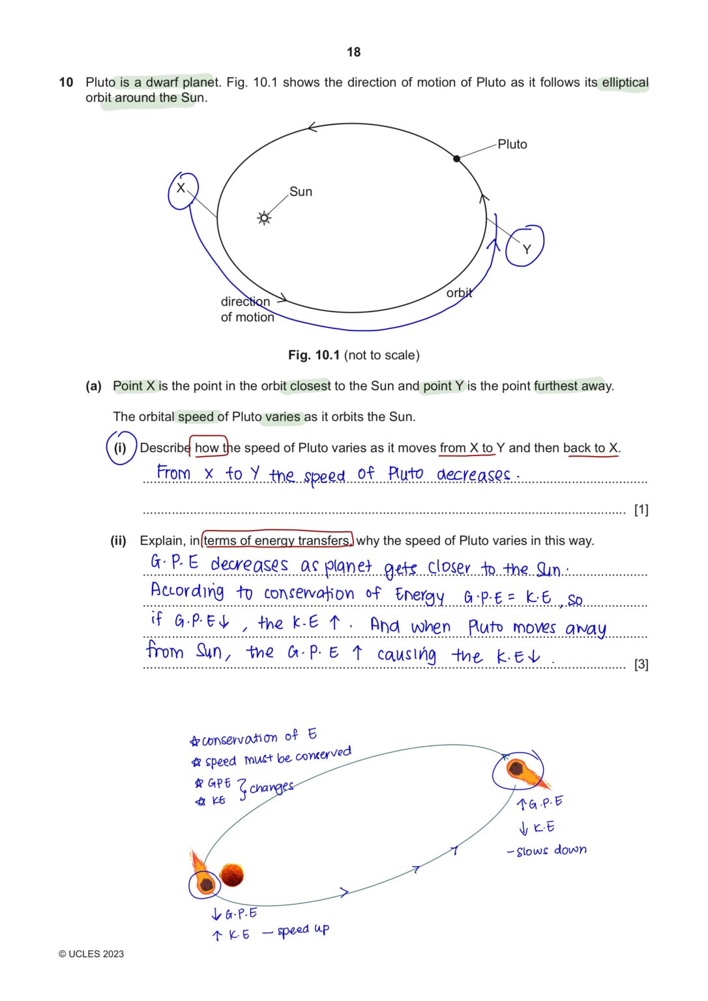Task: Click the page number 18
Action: click(353, 52)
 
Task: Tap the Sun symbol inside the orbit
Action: click(264, 218)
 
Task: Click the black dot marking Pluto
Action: click(456, 158)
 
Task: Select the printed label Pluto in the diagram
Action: click(512, 145)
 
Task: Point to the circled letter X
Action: click(181, 189)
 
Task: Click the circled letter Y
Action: click(526, 248)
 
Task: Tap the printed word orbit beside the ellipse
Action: click(459, 293)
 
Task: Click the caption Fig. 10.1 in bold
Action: click(314, 355)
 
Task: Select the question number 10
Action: click(66, 83)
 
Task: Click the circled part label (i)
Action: click(121, 448)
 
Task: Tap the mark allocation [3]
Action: click(641, 664)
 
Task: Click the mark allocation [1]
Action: click(641, 510)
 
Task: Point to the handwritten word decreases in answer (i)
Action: click(474, 474)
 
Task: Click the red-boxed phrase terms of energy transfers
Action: click(277, 541)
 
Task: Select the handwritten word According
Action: click(188, 592)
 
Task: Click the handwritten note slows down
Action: click(551, 850)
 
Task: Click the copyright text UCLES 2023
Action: click(91, 954)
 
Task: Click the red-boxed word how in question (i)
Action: click(207, 448)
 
